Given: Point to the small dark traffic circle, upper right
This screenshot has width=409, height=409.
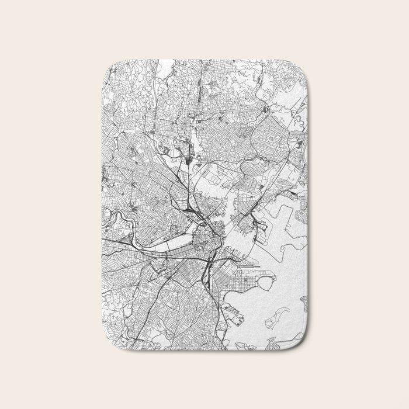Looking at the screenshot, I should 265,109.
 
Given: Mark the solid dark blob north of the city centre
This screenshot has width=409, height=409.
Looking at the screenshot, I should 189,158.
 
